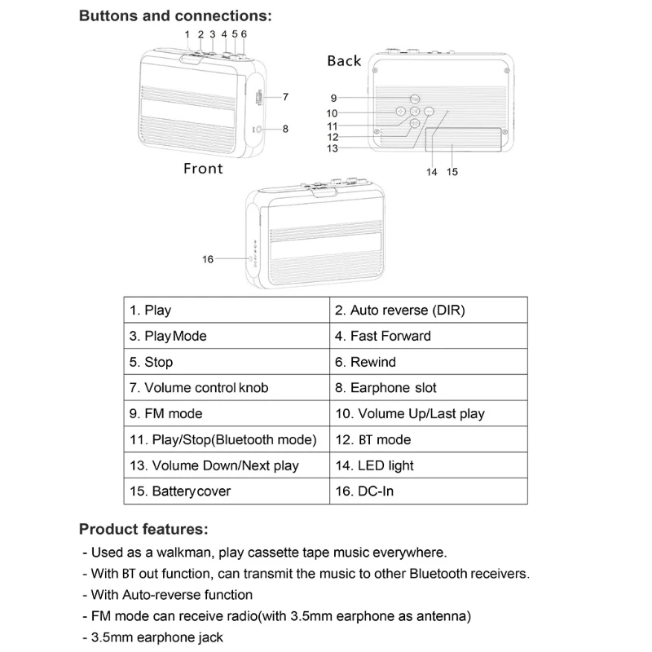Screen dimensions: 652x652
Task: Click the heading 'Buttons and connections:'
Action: click(175, 15)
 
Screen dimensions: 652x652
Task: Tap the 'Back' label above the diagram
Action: click(344, 61)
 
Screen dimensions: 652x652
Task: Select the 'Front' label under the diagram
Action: click(203, 168)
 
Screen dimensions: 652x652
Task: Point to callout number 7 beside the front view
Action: click(285, 97)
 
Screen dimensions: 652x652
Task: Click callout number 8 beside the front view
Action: click(285, 129)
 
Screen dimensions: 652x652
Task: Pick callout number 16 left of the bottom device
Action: click(208, 259)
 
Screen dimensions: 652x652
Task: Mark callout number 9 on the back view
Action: click(333, 98)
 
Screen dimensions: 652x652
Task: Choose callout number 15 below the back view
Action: click(453, 172)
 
